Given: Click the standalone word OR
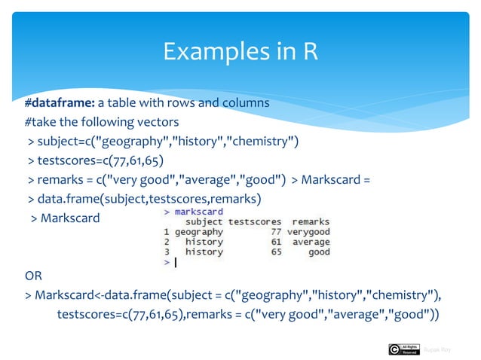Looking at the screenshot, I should (x=34, y=276).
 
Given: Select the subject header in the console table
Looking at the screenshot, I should (x=204, y=222).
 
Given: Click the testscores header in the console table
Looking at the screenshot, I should (x=254, y=222).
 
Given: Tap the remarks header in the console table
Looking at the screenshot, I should (x=311, y=222).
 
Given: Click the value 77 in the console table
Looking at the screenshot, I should (x=276, y=232).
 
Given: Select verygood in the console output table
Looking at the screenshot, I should (x=308, y=232).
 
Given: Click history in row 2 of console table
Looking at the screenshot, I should (x=204, y=242).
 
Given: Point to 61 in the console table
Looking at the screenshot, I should (x=276, y=242).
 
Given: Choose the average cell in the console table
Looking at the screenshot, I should (x=311, y=242).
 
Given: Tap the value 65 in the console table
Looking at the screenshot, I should (x=276, y=252).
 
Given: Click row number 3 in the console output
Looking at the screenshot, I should (x=166, y=252).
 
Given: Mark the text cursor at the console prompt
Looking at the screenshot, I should (x=175, y=263).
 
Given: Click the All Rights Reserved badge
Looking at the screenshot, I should (x=403, y=349).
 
